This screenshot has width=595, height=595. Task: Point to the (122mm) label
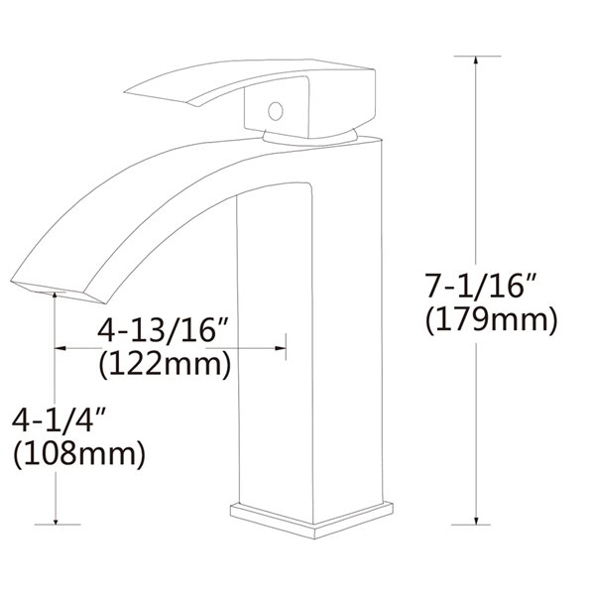point(166,364)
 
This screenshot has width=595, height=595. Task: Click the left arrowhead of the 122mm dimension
point(60,348)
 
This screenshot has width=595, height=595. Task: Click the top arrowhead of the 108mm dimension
point(56,300)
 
